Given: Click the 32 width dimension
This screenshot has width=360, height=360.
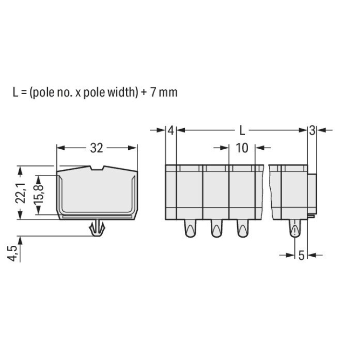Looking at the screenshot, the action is click(96, 148).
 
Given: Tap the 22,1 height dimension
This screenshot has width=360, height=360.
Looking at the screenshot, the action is click(21, 193).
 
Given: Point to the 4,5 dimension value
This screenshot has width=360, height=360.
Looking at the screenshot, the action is click(12, 253).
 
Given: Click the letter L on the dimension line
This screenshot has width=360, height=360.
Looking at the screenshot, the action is click(242, 131).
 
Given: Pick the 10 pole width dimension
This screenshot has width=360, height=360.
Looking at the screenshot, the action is click(242, 148).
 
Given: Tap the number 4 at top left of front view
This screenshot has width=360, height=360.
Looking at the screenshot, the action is click(171, 131).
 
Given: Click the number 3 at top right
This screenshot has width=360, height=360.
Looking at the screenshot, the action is click(312, 131).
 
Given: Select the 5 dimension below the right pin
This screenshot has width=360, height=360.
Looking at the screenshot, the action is click(301, 255).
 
